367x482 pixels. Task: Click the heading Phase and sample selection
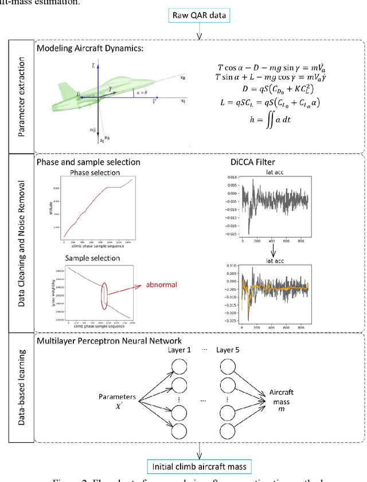[x=88, y=162]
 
